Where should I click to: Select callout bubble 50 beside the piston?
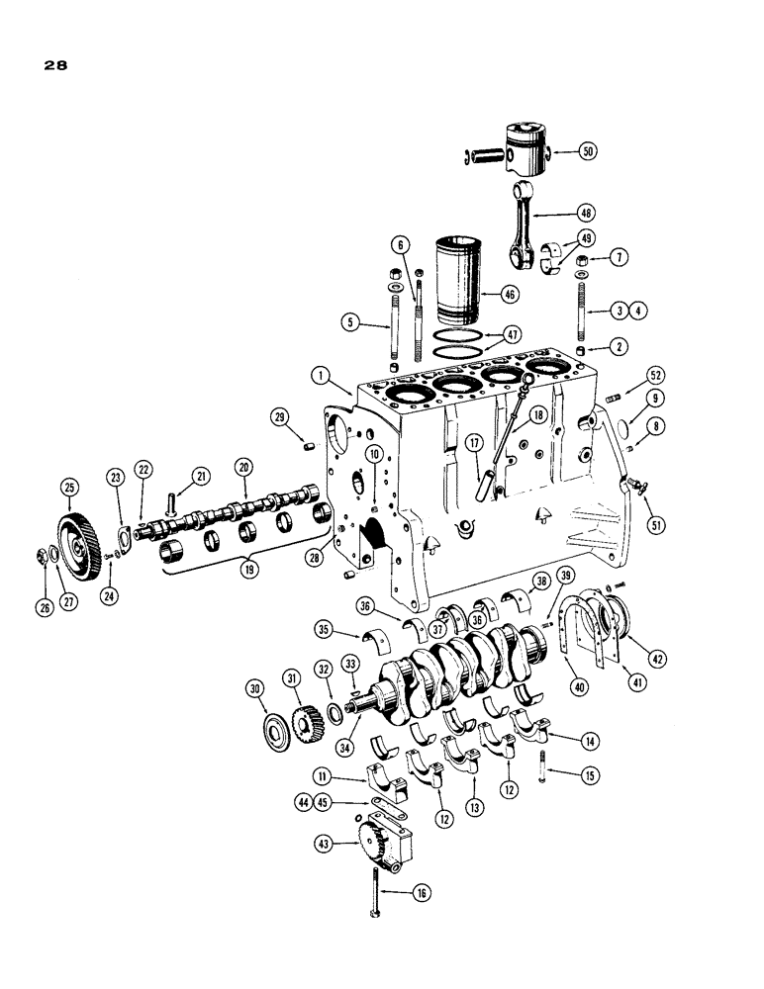[589, 151]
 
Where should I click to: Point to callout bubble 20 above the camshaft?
[243, 466]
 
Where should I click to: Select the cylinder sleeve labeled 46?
[457, 274]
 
